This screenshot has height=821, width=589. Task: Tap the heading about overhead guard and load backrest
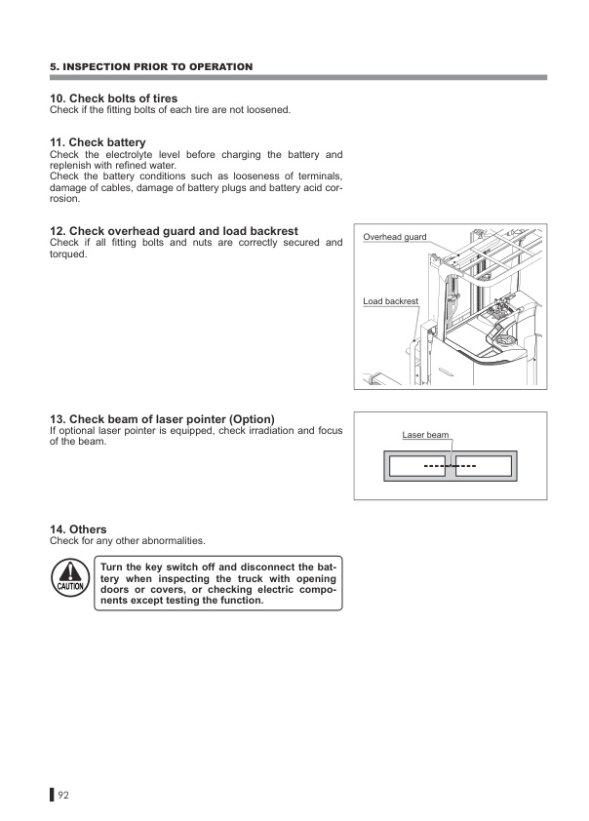(x=174, y=231)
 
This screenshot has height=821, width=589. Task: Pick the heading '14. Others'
(x=78, y=529)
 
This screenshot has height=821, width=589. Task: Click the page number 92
(x=64, y=795)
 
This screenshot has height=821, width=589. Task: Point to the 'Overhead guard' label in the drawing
(x=394, y=237)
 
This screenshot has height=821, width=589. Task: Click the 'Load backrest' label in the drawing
(x=390, y=301)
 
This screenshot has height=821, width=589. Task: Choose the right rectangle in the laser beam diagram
(x=484, y=466)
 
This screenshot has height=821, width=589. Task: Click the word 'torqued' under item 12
(x=67, y=254)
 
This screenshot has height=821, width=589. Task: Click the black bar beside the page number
(x=52, y=795)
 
